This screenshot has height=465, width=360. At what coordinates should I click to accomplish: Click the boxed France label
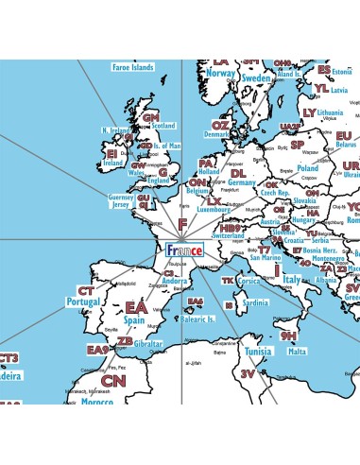tap(184, 251)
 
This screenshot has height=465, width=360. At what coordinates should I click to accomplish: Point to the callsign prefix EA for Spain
tap(137, 308)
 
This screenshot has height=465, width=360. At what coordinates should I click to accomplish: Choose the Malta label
tap(298, 351)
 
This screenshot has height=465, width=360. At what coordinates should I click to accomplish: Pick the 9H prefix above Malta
tap(288, 336)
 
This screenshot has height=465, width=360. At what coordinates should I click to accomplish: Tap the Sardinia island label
tap(256, 303)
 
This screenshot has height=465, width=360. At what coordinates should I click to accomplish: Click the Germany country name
tap(243, 183)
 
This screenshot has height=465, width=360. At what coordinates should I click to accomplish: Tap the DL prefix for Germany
tap(238, 173)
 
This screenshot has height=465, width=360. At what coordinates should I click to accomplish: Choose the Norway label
tap(220, 73)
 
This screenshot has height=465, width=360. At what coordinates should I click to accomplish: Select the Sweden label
tap(256, 77)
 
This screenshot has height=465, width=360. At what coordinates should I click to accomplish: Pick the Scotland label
tap(163, 125)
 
